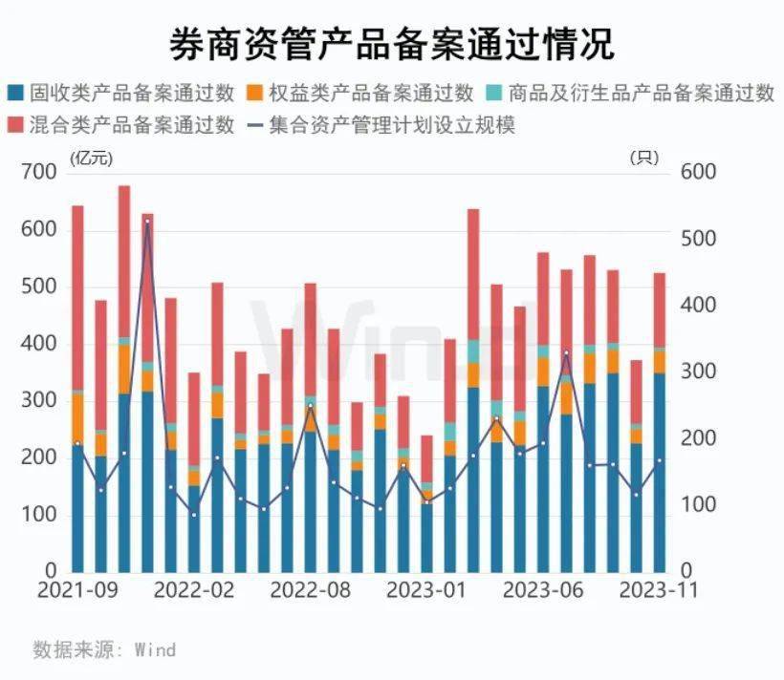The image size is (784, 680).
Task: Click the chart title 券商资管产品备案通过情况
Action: [392, 43]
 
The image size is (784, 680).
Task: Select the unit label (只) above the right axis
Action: [643, 157]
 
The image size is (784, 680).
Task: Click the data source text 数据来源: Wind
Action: [104, 649]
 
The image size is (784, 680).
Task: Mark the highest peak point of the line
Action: [147, 222]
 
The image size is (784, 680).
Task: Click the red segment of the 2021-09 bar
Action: [77, 296]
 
